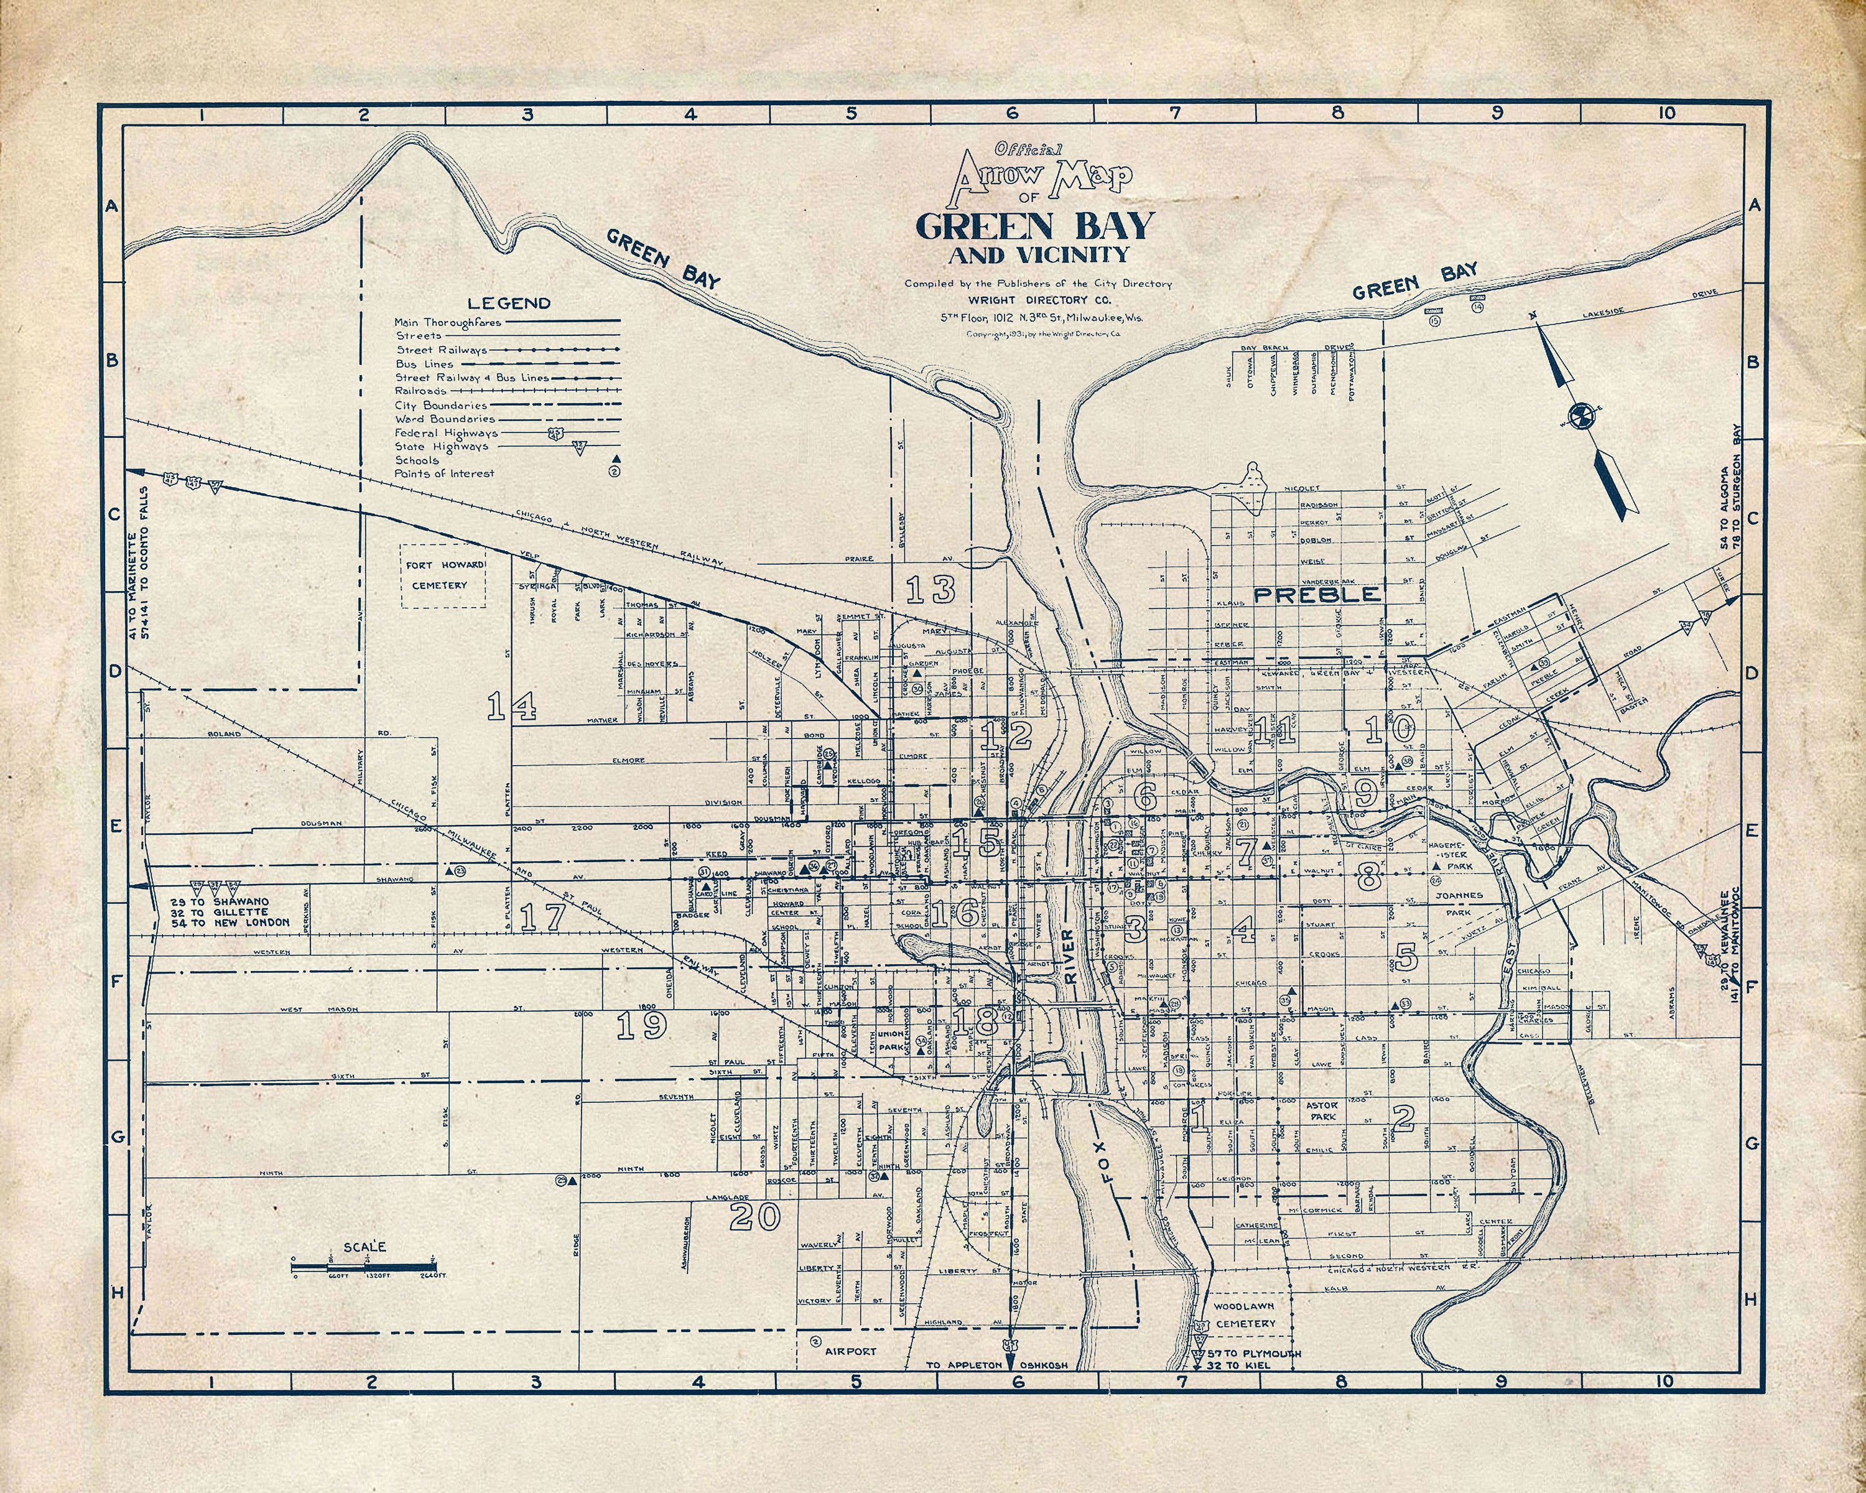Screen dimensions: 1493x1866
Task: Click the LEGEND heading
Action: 508,303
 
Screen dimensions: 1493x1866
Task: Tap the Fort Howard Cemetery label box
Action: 442,575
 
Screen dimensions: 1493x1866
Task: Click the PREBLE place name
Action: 1317,595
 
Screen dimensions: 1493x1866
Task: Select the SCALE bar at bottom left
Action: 363,1265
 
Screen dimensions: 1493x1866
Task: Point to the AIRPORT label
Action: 850,1350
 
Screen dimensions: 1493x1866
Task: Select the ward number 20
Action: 754,1216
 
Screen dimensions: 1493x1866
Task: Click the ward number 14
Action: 511,706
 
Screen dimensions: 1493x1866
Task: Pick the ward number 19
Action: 641,1025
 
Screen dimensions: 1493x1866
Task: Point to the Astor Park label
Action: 1322,1110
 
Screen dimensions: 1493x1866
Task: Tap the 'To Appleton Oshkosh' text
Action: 997,1365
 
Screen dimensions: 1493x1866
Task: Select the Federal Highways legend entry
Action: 446,433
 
